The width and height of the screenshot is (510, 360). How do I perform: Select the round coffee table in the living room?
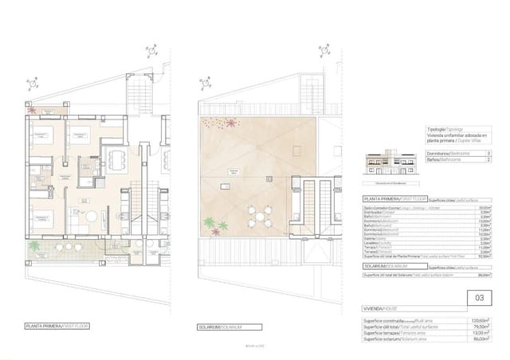pos(92,216)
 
